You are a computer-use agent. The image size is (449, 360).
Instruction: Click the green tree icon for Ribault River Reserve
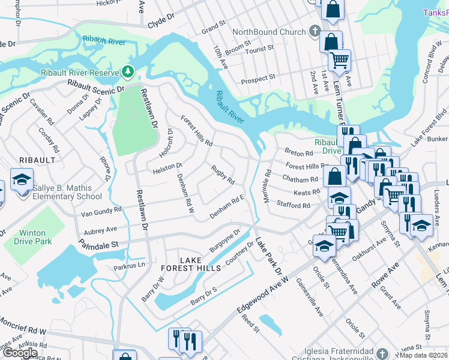point(127,72)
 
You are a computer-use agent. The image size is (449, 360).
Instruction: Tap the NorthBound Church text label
point(269,32)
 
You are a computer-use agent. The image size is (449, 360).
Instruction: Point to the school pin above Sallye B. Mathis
point(22,180)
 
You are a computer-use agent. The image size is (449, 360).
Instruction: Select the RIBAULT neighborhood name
point(37,160)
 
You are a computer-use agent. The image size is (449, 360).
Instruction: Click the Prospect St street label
point(258,77)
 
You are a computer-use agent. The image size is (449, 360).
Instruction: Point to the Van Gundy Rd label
point(101,211)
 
